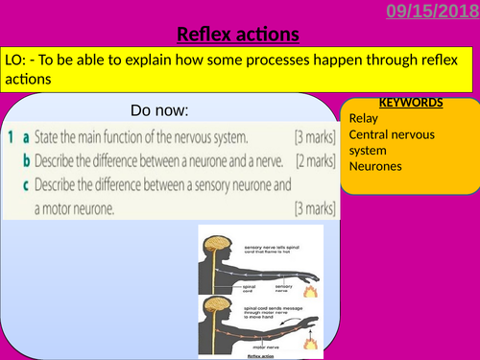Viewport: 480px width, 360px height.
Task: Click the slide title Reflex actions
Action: (x=239, y=36)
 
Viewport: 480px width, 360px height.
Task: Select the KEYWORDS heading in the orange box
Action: (x=410, y=103)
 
